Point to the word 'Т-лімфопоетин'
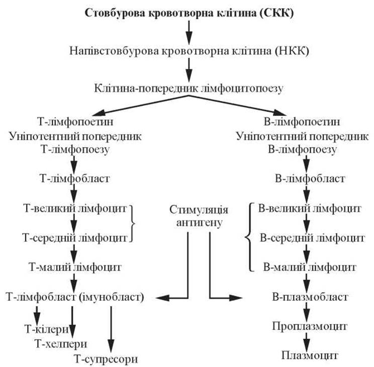pos(74,121)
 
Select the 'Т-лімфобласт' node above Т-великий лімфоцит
pos(74,178)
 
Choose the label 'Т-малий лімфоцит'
pos(75,266)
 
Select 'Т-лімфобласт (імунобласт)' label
pos(75,297)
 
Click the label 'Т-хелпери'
pos(60,344)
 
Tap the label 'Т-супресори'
pos(105,358)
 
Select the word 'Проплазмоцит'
pos(309,326)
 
